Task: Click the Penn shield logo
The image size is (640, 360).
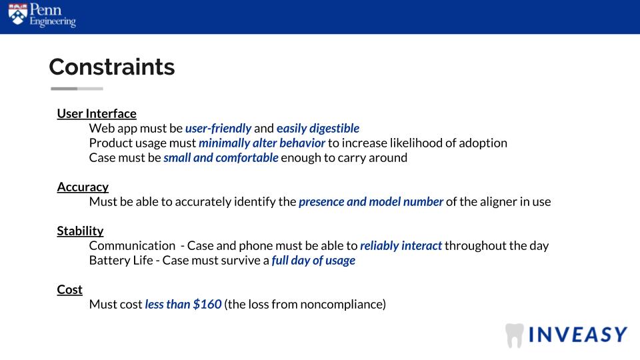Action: point(17,14)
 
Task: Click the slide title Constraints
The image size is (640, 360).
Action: point(112,67)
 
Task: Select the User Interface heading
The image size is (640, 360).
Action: point(97,113)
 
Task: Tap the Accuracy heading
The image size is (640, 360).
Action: point(83,187)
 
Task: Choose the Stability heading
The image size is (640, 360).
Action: point(80,231)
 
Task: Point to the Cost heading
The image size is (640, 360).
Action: point(69,289)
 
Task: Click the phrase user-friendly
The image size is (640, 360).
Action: point(219,128)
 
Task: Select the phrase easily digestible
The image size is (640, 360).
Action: point(318,128)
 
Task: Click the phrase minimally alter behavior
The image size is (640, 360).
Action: point(262,143)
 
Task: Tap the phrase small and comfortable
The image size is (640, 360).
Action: point(221,157)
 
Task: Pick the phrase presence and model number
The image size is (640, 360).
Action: point(371,201)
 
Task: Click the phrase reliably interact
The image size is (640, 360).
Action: point(401,246)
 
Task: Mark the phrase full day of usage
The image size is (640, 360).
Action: point(313,261)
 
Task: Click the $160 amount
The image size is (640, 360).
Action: point(207,304)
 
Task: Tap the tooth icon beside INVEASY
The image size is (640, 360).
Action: point(514,335)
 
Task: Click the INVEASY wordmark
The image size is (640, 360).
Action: point(578,335)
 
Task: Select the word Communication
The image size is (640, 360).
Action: point(132,246)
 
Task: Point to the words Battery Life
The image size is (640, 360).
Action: point(121,261)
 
